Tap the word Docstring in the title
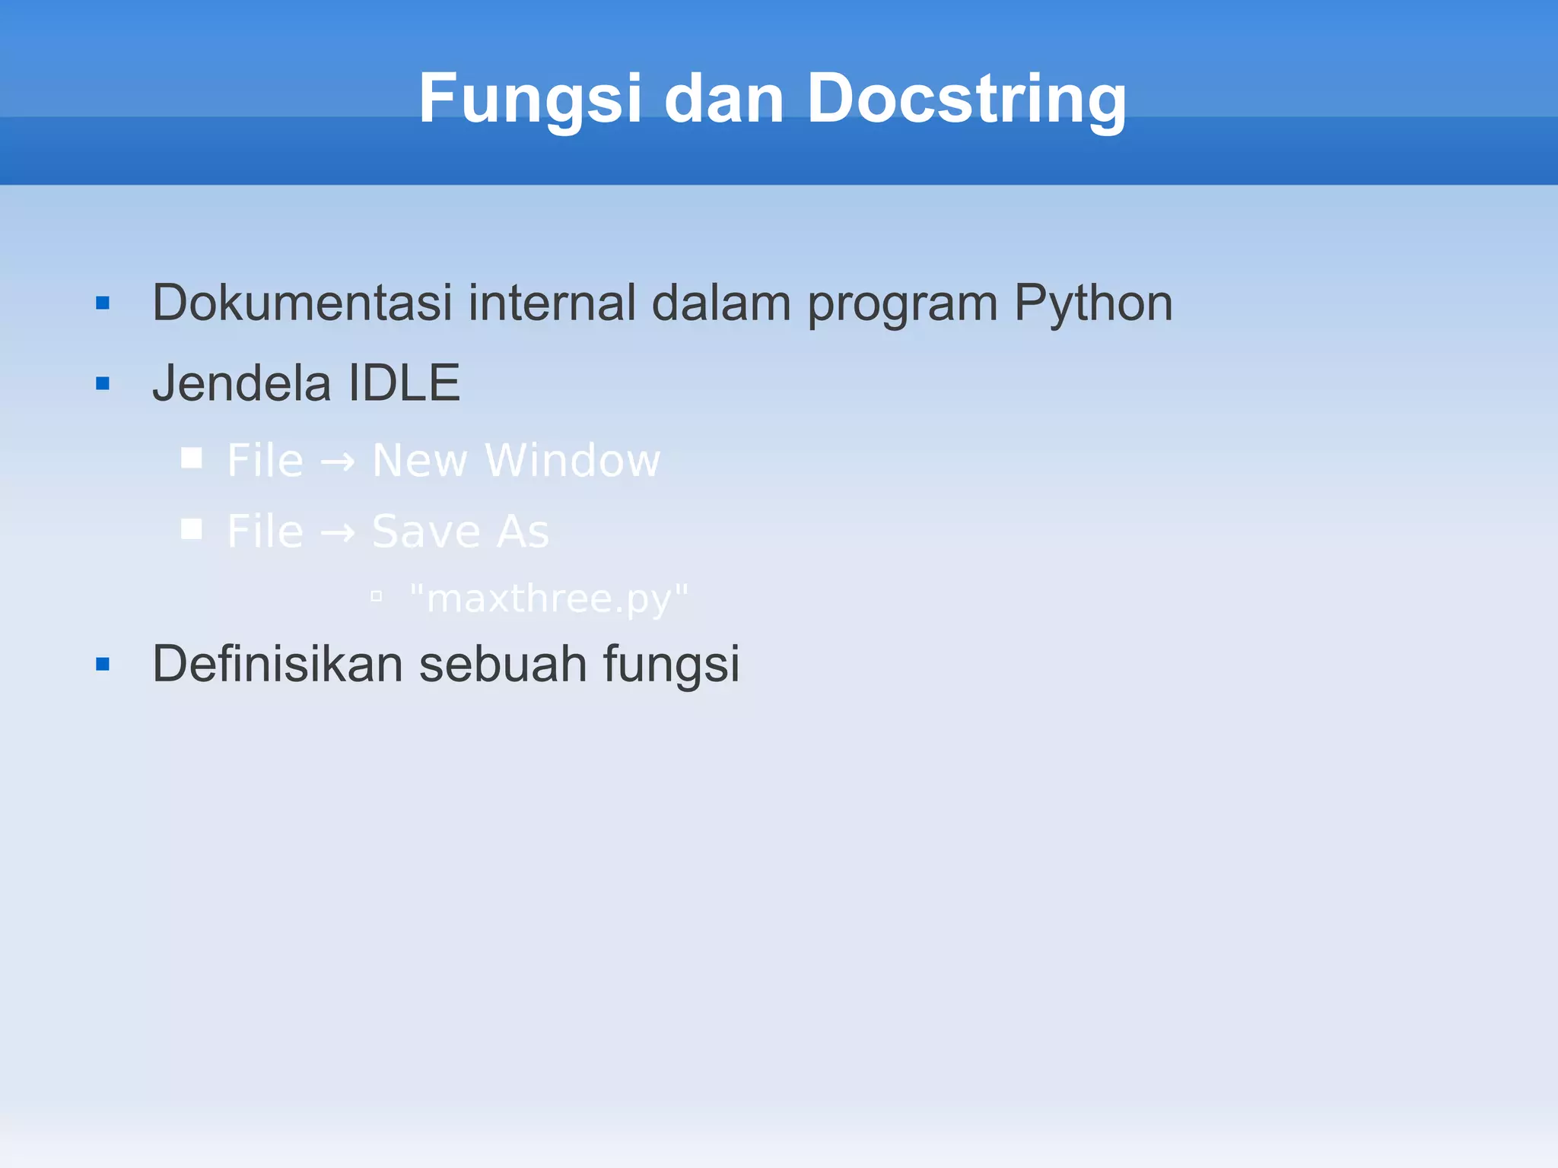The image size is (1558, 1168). tap(965, 99)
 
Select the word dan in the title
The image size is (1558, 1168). tap(723, 99)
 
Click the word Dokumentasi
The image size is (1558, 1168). tap(302, 303)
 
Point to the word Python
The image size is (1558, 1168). tap(1093, 303)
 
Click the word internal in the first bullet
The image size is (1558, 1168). tap(552, 303)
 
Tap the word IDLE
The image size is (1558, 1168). tap(403, 382)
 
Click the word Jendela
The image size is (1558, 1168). tap(241, 382)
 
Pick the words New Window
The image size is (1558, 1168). tap(516, 461)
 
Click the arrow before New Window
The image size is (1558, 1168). tap(337, 462)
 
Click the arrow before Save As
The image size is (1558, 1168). tap(337, 532)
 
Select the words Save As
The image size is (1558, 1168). tap(460, 532)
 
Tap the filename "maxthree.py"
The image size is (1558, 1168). tap(548, 599)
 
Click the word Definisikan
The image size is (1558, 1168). tap(277, 664)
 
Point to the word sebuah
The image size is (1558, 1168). tap(503, 664)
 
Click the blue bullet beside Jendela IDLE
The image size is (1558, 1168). tap(103, 383)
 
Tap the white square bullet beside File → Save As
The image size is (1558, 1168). tap(192, 528)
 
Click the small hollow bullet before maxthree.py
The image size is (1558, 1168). tap(376, 597)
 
